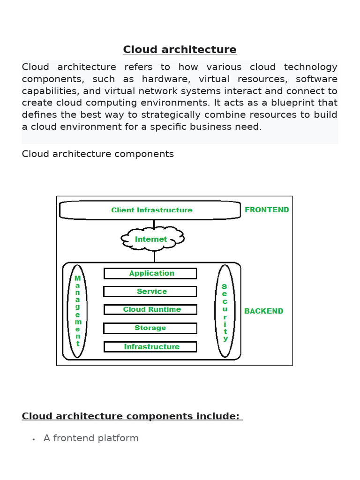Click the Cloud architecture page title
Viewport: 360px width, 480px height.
180,50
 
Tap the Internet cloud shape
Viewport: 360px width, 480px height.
151,239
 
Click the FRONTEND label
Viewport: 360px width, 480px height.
267,210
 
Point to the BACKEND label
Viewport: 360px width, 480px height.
263,311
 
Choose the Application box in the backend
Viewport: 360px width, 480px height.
150,273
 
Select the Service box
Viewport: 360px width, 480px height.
150,292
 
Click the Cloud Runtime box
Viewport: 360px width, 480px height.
150,309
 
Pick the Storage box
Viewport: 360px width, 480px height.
150,328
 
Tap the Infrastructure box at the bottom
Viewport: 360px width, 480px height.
150,347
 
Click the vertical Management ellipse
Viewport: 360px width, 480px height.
78,311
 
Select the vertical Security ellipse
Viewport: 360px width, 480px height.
225,311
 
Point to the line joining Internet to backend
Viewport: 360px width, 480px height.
154,256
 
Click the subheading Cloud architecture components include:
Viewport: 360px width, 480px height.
132,416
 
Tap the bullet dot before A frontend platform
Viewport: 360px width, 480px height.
34,440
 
